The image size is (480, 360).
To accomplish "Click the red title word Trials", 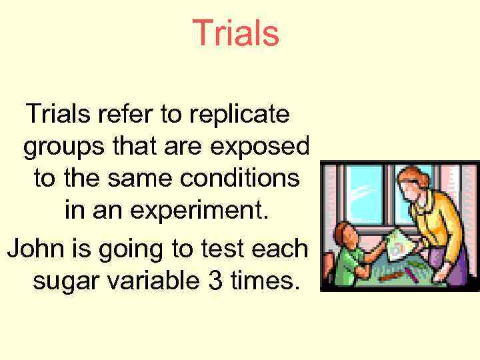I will [x=235, y=33].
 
